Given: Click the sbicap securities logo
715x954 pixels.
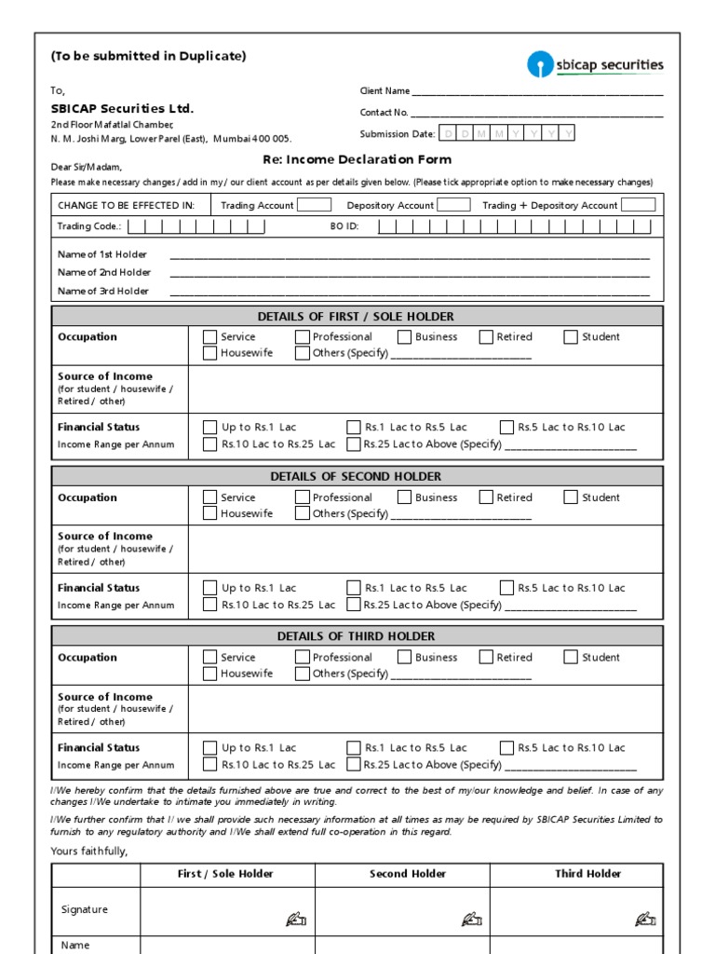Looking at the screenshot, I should click(595, 65).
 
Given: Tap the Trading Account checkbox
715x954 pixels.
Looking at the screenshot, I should click(314, 205).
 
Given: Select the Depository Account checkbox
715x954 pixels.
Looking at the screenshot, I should click(453, 205).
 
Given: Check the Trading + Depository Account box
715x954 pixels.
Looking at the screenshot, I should click(638, 205).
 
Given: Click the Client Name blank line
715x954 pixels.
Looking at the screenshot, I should click(537, 92).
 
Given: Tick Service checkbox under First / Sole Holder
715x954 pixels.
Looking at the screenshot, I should click(210, 337).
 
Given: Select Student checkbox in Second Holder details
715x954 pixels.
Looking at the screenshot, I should click(571, 497).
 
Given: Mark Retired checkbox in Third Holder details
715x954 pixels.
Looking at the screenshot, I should click(486, 657).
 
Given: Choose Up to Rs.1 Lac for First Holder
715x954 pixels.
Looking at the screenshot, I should click(210, 428).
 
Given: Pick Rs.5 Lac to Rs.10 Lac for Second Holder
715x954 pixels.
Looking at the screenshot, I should click(506, 588).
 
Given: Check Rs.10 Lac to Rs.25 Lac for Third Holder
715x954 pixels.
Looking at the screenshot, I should click(210, 765).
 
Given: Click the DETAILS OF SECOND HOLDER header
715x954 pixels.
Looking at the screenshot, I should click(357, 476).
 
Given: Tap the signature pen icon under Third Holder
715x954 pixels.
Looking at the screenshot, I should click(645, 920).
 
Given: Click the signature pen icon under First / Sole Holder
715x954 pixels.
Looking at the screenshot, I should click(296, 920).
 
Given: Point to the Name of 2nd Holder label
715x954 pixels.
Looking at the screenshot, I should click(104, 273).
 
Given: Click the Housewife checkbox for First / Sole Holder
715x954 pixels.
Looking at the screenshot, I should click(210, 354).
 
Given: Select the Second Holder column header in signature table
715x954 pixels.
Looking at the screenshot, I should click(408, 874).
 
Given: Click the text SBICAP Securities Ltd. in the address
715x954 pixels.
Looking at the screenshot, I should click(122, 109).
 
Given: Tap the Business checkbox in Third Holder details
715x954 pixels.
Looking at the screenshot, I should click(404, 657).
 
